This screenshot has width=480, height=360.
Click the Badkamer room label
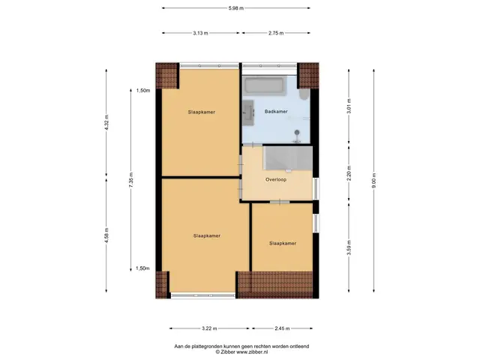276,112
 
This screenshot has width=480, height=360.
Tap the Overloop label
276,180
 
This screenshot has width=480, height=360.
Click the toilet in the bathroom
304,94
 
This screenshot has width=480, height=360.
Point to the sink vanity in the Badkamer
248,112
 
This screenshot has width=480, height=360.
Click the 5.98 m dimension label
236,8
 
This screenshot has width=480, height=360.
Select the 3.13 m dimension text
200,33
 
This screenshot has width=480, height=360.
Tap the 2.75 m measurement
276,33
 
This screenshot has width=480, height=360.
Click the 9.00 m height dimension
373,181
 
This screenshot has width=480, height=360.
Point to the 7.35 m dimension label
130,180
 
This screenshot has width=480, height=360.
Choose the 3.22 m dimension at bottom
209,328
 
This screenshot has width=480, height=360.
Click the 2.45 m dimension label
282,328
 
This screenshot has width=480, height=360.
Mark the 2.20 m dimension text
349,173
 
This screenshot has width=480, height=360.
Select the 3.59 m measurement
349,247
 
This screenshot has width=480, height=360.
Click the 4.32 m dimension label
106,122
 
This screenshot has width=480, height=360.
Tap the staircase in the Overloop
288,158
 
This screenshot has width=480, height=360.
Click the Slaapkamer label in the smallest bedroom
283,243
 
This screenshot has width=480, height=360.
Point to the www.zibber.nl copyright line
241,352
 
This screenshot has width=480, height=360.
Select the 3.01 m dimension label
349,106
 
